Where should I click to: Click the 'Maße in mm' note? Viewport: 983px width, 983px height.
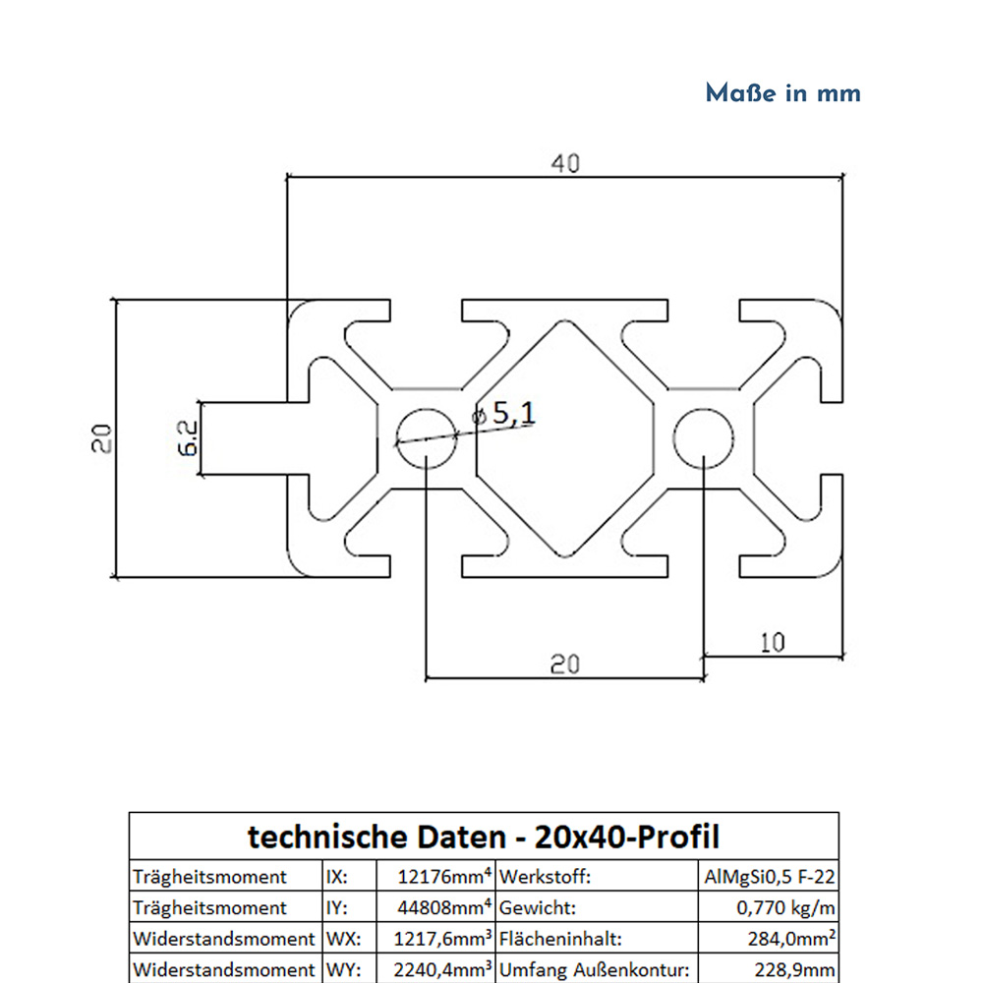(x=782, y=93)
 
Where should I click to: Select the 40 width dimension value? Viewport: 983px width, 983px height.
(x=564, y=163)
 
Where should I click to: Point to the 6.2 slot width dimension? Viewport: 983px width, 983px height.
(x=188, y=438)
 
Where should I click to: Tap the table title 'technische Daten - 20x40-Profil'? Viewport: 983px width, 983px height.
(x=484, y=837)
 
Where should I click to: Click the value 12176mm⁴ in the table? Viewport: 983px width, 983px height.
(x=437, y=876)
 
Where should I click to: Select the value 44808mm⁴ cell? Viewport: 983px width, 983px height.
(x=437, y=907)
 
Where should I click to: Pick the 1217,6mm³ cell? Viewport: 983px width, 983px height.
(x=437, y=939)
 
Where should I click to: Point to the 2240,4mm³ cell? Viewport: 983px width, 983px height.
(x=437, y=970)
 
